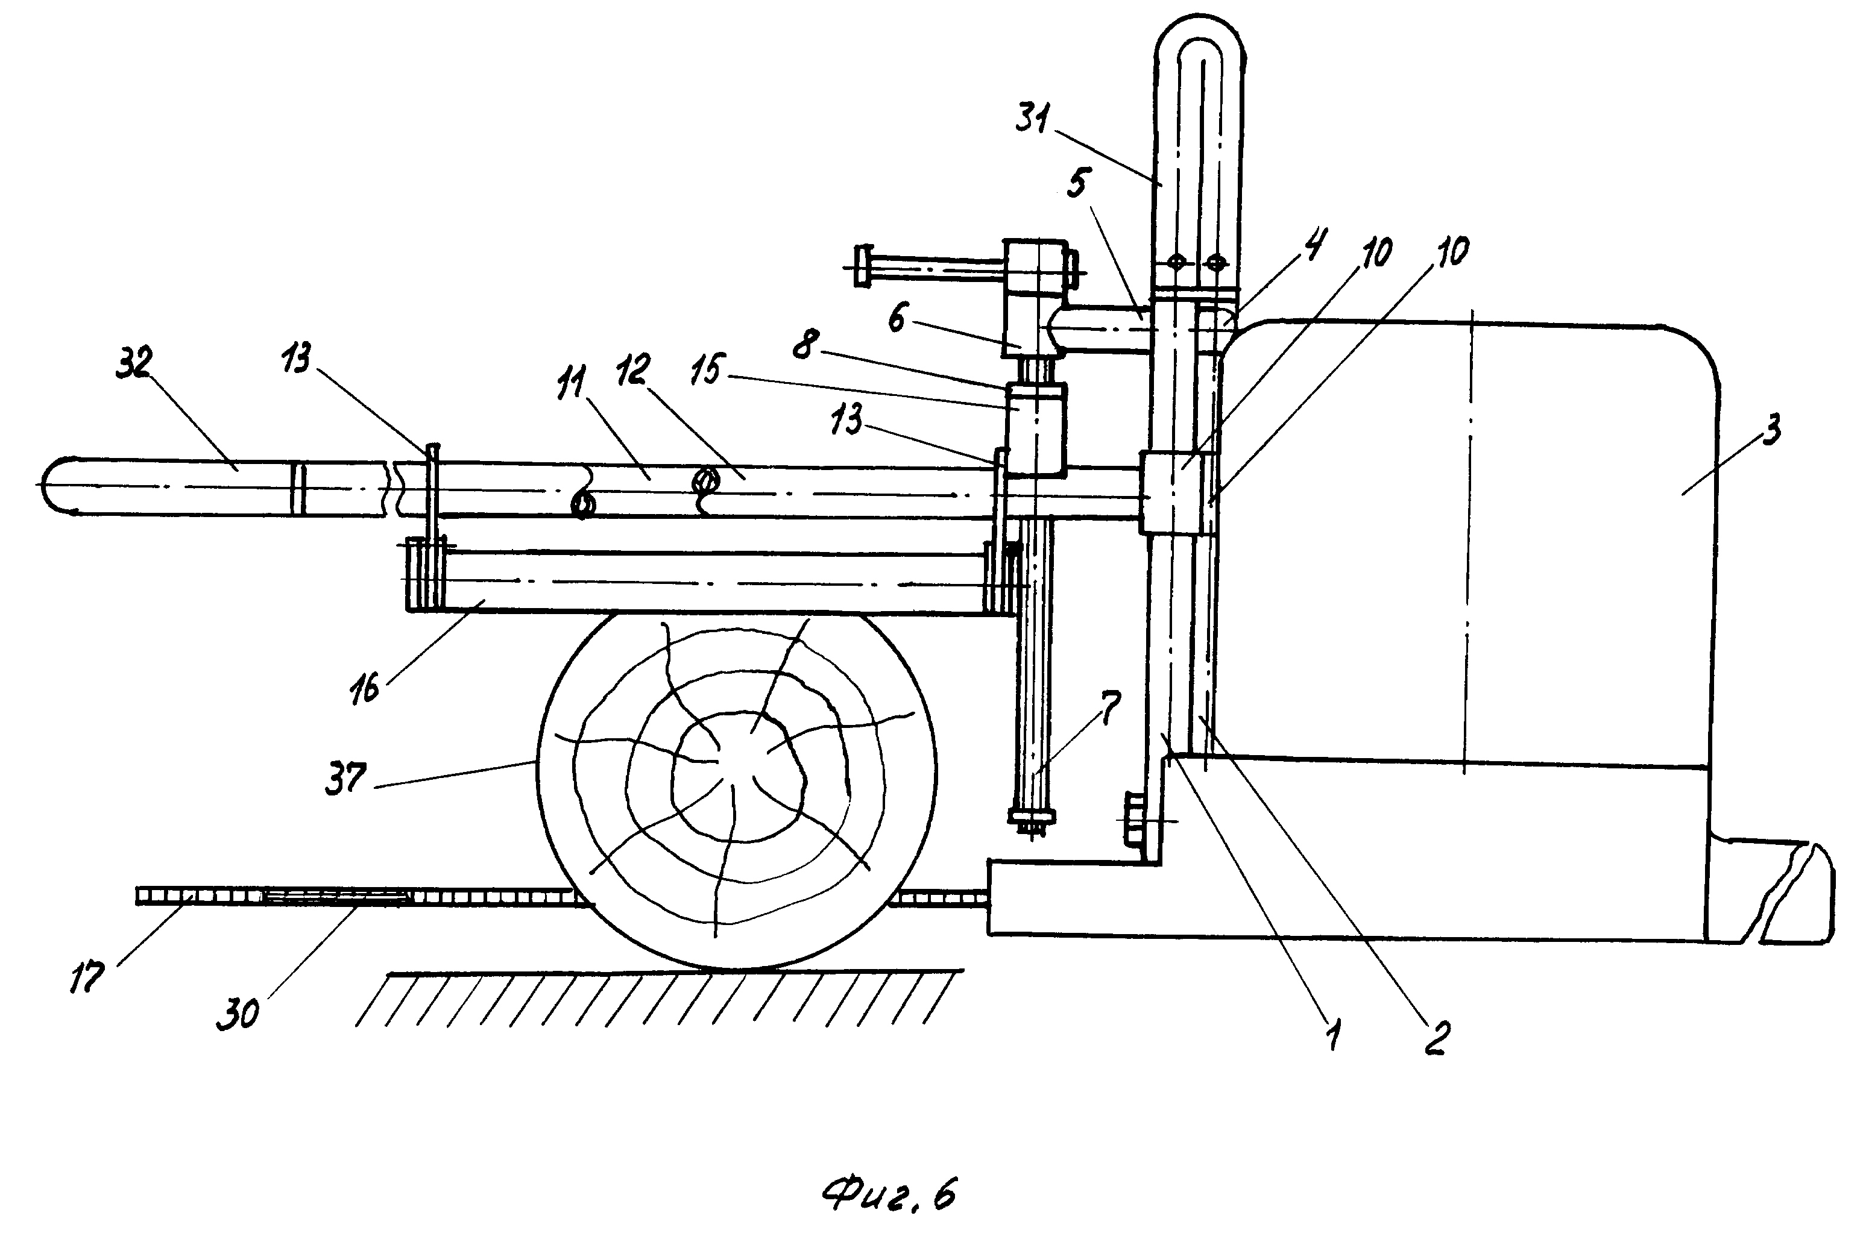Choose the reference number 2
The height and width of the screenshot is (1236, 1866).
tap(1436, 1038)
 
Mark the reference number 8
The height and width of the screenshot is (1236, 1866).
tap(804, 345)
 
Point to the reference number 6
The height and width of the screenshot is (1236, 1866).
tap(897, 319)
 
